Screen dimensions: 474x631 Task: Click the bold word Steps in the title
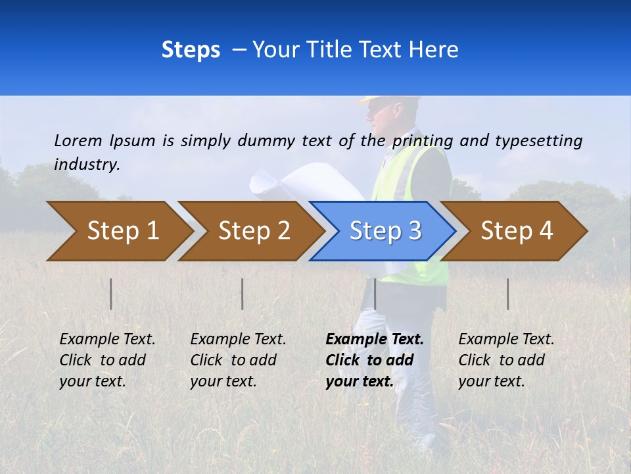coord(191,49)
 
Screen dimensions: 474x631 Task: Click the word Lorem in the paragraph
coord(78,140)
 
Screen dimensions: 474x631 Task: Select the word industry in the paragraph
coord(87,165)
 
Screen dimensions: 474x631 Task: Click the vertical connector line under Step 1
coord(110,294)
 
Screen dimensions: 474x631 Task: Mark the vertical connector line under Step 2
coord(242,294)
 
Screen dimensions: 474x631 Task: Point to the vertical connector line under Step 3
coord(375,294)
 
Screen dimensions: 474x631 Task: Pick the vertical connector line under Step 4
coord(507,294)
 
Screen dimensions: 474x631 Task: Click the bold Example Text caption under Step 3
coord(375,360)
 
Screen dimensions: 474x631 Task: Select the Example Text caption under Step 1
coord(107,360)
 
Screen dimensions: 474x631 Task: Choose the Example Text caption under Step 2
coord(238,360)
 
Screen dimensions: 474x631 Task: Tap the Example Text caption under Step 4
coord(506,360)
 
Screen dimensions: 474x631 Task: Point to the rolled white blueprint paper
coord(296,181)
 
